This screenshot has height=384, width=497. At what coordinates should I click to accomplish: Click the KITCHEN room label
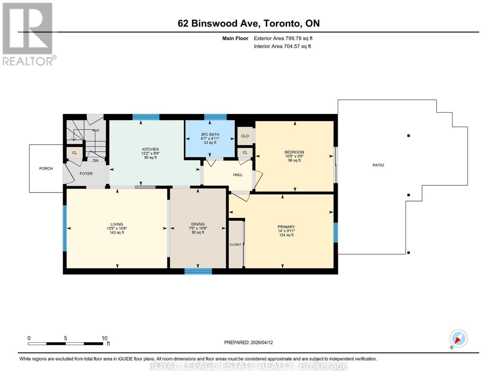pos(150,149)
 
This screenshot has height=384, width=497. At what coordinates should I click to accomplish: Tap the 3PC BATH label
pos(210,134)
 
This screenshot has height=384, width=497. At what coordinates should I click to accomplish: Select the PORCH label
pos(46,169)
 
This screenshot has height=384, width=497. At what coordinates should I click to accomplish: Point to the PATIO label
pos(378,165)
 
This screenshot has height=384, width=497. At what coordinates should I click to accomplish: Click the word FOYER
pos(86,173)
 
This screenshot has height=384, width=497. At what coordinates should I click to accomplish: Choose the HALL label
pos(238,175)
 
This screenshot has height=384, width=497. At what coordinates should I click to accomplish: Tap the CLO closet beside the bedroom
pos(245,136)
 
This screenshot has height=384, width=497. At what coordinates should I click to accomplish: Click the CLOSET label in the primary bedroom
pos(236,244)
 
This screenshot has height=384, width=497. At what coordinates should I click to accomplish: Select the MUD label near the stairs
pos(96,130)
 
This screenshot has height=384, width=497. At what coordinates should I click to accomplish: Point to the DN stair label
pos(95,161)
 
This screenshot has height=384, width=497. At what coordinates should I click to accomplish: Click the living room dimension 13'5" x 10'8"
pos(116,228)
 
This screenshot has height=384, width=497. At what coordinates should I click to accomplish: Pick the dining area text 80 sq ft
pos(198,232)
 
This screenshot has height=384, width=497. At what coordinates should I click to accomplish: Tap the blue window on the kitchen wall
pos(146,117)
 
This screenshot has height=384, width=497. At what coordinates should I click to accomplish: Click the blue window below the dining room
pos(198,271)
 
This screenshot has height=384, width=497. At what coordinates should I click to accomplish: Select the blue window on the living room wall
pos(65,228)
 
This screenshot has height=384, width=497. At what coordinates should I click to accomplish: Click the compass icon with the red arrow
pos(459,339)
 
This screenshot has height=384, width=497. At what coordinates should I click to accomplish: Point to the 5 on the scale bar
pos(65,338)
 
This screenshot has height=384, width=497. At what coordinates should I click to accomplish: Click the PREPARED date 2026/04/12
pos(262,342)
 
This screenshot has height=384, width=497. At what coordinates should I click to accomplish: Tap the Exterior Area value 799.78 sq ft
pos(299,38)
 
